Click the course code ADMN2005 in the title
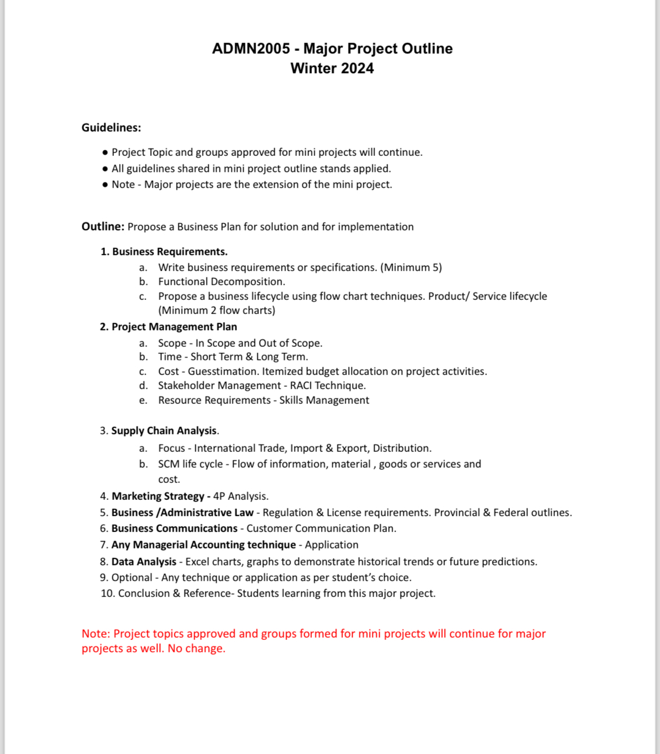point(250,49)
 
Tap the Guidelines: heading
point(111,128)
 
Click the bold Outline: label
point(103,226)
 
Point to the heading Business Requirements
point(169,251)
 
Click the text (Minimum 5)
point(411,267)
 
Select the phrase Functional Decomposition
point(222,281)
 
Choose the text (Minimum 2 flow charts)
point(217,310)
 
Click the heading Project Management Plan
point(174,326)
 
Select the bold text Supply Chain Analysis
point(164,430)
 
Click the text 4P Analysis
point(241,496)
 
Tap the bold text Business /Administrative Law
point(182,512)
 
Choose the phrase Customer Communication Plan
point(321,528)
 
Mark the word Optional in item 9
point(131,577)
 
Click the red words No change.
point(196,648)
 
